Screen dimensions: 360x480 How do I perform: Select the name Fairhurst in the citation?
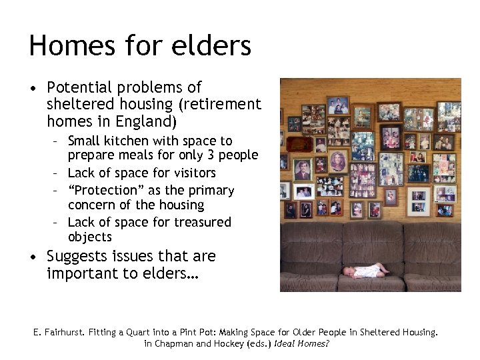73,332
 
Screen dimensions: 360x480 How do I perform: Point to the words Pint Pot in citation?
208,332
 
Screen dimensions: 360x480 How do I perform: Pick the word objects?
90,237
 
